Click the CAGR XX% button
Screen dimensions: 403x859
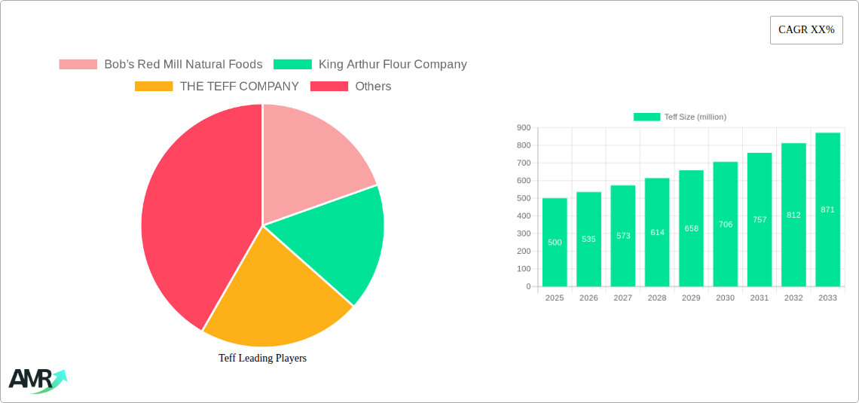point(806,30)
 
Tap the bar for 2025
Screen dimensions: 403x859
point(555,242)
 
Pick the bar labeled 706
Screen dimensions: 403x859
point(726,224)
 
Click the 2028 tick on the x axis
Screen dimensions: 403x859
point(657,298)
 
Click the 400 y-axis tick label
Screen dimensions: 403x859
point(523,216)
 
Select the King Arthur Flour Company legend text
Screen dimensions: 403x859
point(393,65)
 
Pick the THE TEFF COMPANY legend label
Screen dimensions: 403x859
point(239,86)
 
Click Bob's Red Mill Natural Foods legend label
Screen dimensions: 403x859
point(183,65)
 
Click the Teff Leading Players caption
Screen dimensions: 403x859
point(262,359)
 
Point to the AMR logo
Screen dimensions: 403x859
point(36,380)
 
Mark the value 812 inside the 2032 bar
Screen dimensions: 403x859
point(793,215)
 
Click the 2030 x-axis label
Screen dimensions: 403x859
point(725,298)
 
